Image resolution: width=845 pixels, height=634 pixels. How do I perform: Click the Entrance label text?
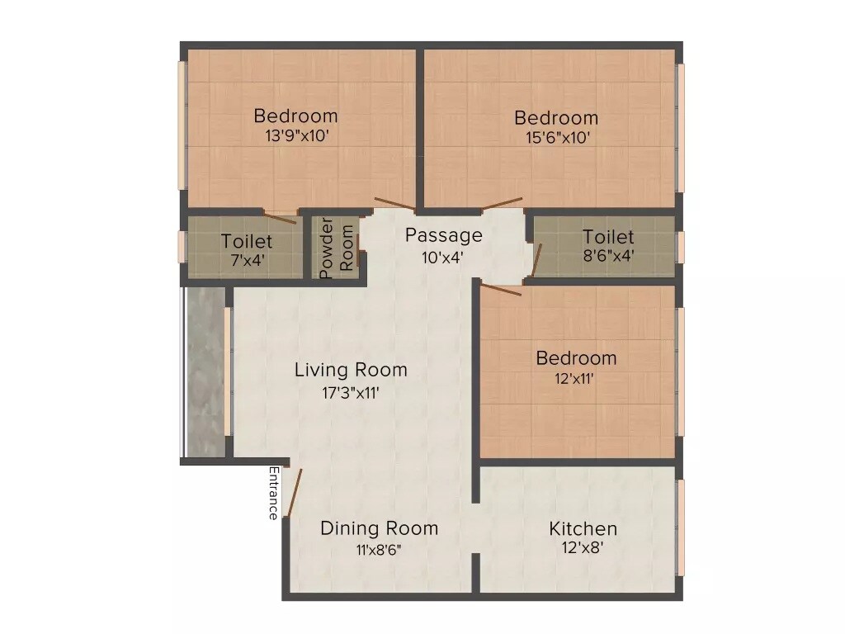click(272, 493)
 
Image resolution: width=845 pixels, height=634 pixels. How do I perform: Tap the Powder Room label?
click(338, 248)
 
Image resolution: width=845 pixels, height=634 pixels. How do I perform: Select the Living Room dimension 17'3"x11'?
click(350, 393)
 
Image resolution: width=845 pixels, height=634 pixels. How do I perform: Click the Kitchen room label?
click(583, 528)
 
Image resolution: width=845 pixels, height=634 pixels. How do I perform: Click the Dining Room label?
click(379, 528)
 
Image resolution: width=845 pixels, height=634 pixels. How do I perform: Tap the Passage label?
click(443, 235)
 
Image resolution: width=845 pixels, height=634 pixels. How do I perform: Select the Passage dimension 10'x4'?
click(443, 257)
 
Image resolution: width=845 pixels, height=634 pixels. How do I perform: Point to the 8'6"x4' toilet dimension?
click(608, 256)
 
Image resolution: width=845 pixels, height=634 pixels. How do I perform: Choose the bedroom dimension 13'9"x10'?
click(297, 136)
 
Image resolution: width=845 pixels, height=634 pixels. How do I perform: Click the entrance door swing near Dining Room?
click(294, 493)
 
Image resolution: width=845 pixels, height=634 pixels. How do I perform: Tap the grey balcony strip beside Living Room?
click(205, 371)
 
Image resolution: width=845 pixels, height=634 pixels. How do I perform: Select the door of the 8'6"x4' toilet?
click(536, 258)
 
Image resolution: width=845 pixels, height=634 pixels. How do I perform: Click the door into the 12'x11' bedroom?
click(501, 289)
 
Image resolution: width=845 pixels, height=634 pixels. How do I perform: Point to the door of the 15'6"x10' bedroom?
click(503, 203)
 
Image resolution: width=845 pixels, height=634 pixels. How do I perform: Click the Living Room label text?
click(350, 370)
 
